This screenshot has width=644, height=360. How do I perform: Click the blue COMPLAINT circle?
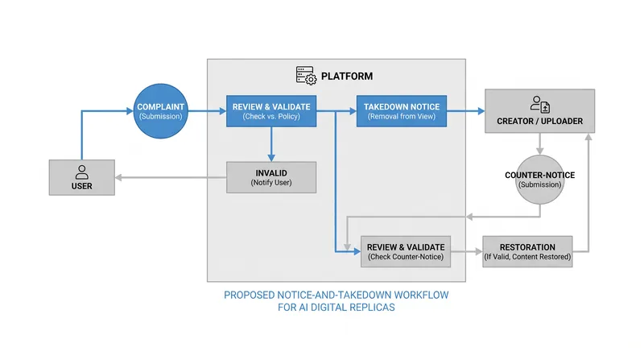pyautogui.click(x=160, y=111)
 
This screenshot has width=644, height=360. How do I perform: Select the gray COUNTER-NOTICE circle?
pyautogui.click(x=539, y=180)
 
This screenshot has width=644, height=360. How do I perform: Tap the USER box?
pyautogui.click(x=82, y=177)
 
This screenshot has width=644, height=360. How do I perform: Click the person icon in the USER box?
pyautogui.click(x=82, y=172)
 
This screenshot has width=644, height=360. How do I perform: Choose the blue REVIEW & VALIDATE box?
pyautogui.click(x=271, y=111)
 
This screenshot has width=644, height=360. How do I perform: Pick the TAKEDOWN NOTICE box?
pyautogui.click(x=401, y=111)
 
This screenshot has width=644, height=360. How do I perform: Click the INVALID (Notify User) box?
pyautogui.click(x=271, y=177)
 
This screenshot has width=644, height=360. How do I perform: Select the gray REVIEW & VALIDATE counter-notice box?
pyautogui.click(x=406, y=251)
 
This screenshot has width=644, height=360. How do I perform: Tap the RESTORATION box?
pyautogui.click(x=527, y=251)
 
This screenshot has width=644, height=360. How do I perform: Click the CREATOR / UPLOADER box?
pyautogui.click(x=539, y=111)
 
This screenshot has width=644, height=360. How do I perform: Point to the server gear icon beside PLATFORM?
pyautogui.click(x=307, y=76)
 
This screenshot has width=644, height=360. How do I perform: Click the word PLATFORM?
pyautogui.click(x=347, y=76)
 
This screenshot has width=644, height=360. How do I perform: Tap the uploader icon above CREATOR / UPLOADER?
pyautogui.click(x=539, y=105)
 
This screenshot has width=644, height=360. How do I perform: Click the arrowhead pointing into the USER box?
pyautogui.click(x=118, y=177)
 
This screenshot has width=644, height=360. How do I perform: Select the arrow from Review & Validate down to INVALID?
pyautogui.click(x=271, y=144)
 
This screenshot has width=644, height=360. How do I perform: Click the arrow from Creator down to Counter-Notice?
pyautogui.click(x=539, y=144)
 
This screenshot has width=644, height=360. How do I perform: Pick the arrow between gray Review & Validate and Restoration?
pyautogui.click(x=467, y=251)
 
